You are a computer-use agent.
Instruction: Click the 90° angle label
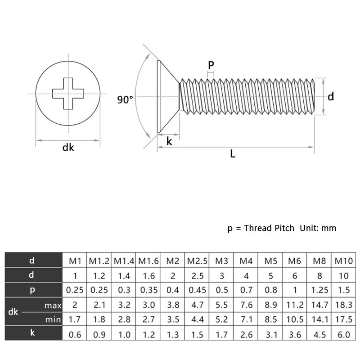126,100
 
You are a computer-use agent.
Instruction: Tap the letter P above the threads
211,65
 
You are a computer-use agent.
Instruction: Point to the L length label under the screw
233,154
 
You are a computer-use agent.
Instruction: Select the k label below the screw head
169,141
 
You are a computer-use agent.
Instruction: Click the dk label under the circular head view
68,147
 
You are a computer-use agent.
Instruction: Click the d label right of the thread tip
331,96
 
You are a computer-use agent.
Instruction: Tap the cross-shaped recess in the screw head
68,93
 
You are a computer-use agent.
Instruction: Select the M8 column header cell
319,260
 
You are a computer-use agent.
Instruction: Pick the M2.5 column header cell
197,260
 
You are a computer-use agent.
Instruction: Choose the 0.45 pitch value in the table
197,290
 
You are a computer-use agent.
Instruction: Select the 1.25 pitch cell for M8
319,290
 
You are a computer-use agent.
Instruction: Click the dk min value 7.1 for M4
246,319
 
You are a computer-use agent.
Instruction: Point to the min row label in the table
53,319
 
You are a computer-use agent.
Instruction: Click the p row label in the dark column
32,290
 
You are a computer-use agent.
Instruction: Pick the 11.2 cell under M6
295,305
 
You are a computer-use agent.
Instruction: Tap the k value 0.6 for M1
75,334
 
